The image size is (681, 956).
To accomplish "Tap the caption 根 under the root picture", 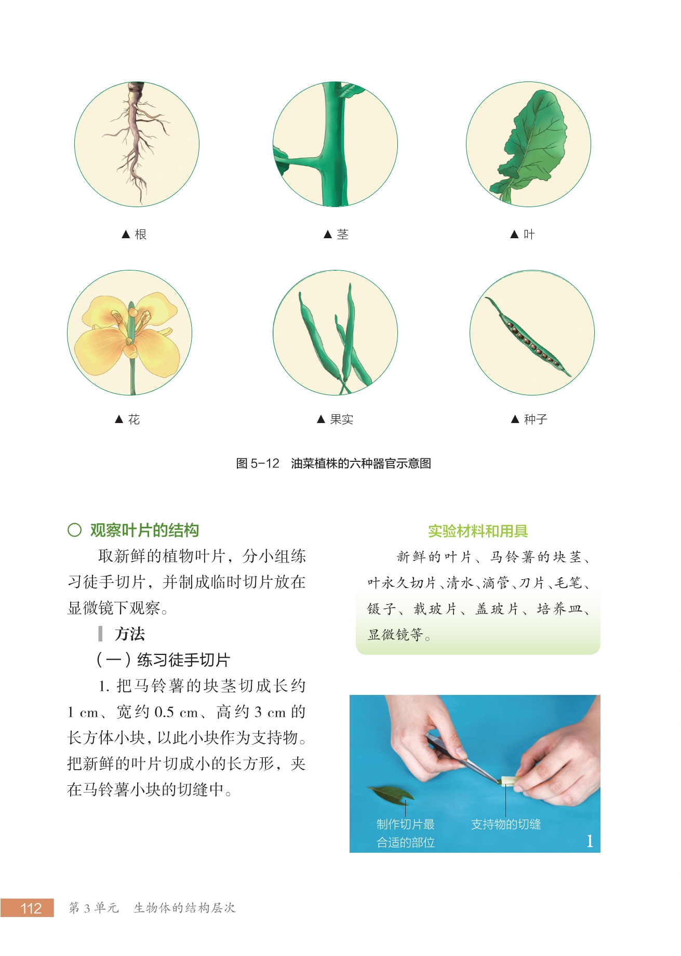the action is [x=140, y=235].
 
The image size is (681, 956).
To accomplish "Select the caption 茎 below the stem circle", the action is [x=342, y=235].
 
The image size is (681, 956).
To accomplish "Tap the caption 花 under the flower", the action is [x=134, y=419].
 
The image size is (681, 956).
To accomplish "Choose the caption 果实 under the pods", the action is [x=342, y=419].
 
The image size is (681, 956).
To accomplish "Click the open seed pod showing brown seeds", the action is [x=527, y=336].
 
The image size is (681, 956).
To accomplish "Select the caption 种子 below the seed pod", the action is [x=536, y=419].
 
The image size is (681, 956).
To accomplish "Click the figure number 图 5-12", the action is [x=258, y=463].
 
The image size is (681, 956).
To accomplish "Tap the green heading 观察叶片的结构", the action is [x=144, y=530].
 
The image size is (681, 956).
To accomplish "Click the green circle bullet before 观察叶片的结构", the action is [x=74, y=530].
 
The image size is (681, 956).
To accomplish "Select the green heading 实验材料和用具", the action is [x=478, y=531].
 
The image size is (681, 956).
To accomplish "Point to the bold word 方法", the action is [x=130, y=634].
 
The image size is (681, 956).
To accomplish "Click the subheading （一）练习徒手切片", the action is [x=163, y=660].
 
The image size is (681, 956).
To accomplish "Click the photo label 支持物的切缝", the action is [x=506, y=824].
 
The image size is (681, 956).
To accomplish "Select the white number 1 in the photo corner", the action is [x=590, y=841].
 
